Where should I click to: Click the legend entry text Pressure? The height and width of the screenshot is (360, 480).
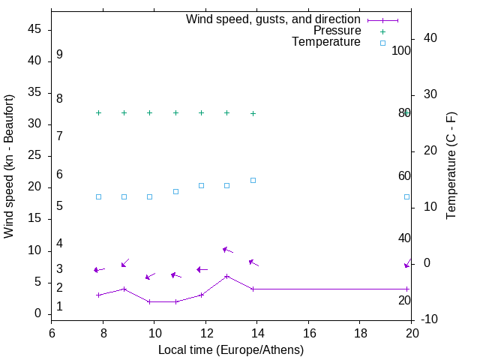tap(337, 31)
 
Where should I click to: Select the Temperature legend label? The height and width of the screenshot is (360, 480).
tap(326, 42)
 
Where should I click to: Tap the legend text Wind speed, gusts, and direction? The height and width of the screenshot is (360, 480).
tap(273, 19)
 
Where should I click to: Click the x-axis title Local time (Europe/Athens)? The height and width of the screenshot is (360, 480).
tap(231, 349)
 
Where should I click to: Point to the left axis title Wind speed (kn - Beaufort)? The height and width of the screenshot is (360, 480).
tap(9, 166)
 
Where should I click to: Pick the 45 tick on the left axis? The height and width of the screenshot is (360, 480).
tap(36, 30)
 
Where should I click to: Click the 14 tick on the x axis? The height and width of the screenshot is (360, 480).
tap(257, 333)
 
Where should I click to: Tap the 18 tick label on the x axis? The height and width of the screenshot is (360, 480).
tap(360, 333)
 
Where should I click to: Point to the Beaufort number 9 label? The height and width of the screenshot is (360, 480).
tap(59, 55)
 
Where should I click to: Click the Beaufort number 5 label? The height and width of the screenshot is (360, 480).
tap(59, 205)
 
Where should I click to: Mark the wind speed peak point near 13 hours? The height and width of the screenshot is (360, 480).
tap(226, 276)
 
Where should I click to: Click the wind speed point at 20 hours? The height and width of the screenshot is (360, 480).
tap(407, 289)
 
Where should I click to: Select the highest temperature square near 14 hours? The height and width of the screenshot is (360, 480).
tap(253, 180)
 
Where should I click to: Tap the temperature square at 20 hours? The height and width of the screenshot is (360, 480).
tap(407, 196)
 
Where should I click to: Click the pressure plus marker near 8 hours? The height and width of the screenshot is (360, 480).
tap(98, 112)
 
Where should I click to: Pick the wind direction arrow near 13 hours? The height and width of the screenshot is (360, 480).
tap(227, 250)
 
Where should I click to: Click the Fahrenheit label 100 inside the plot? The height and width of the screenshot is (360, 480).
tap(402, 51)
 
